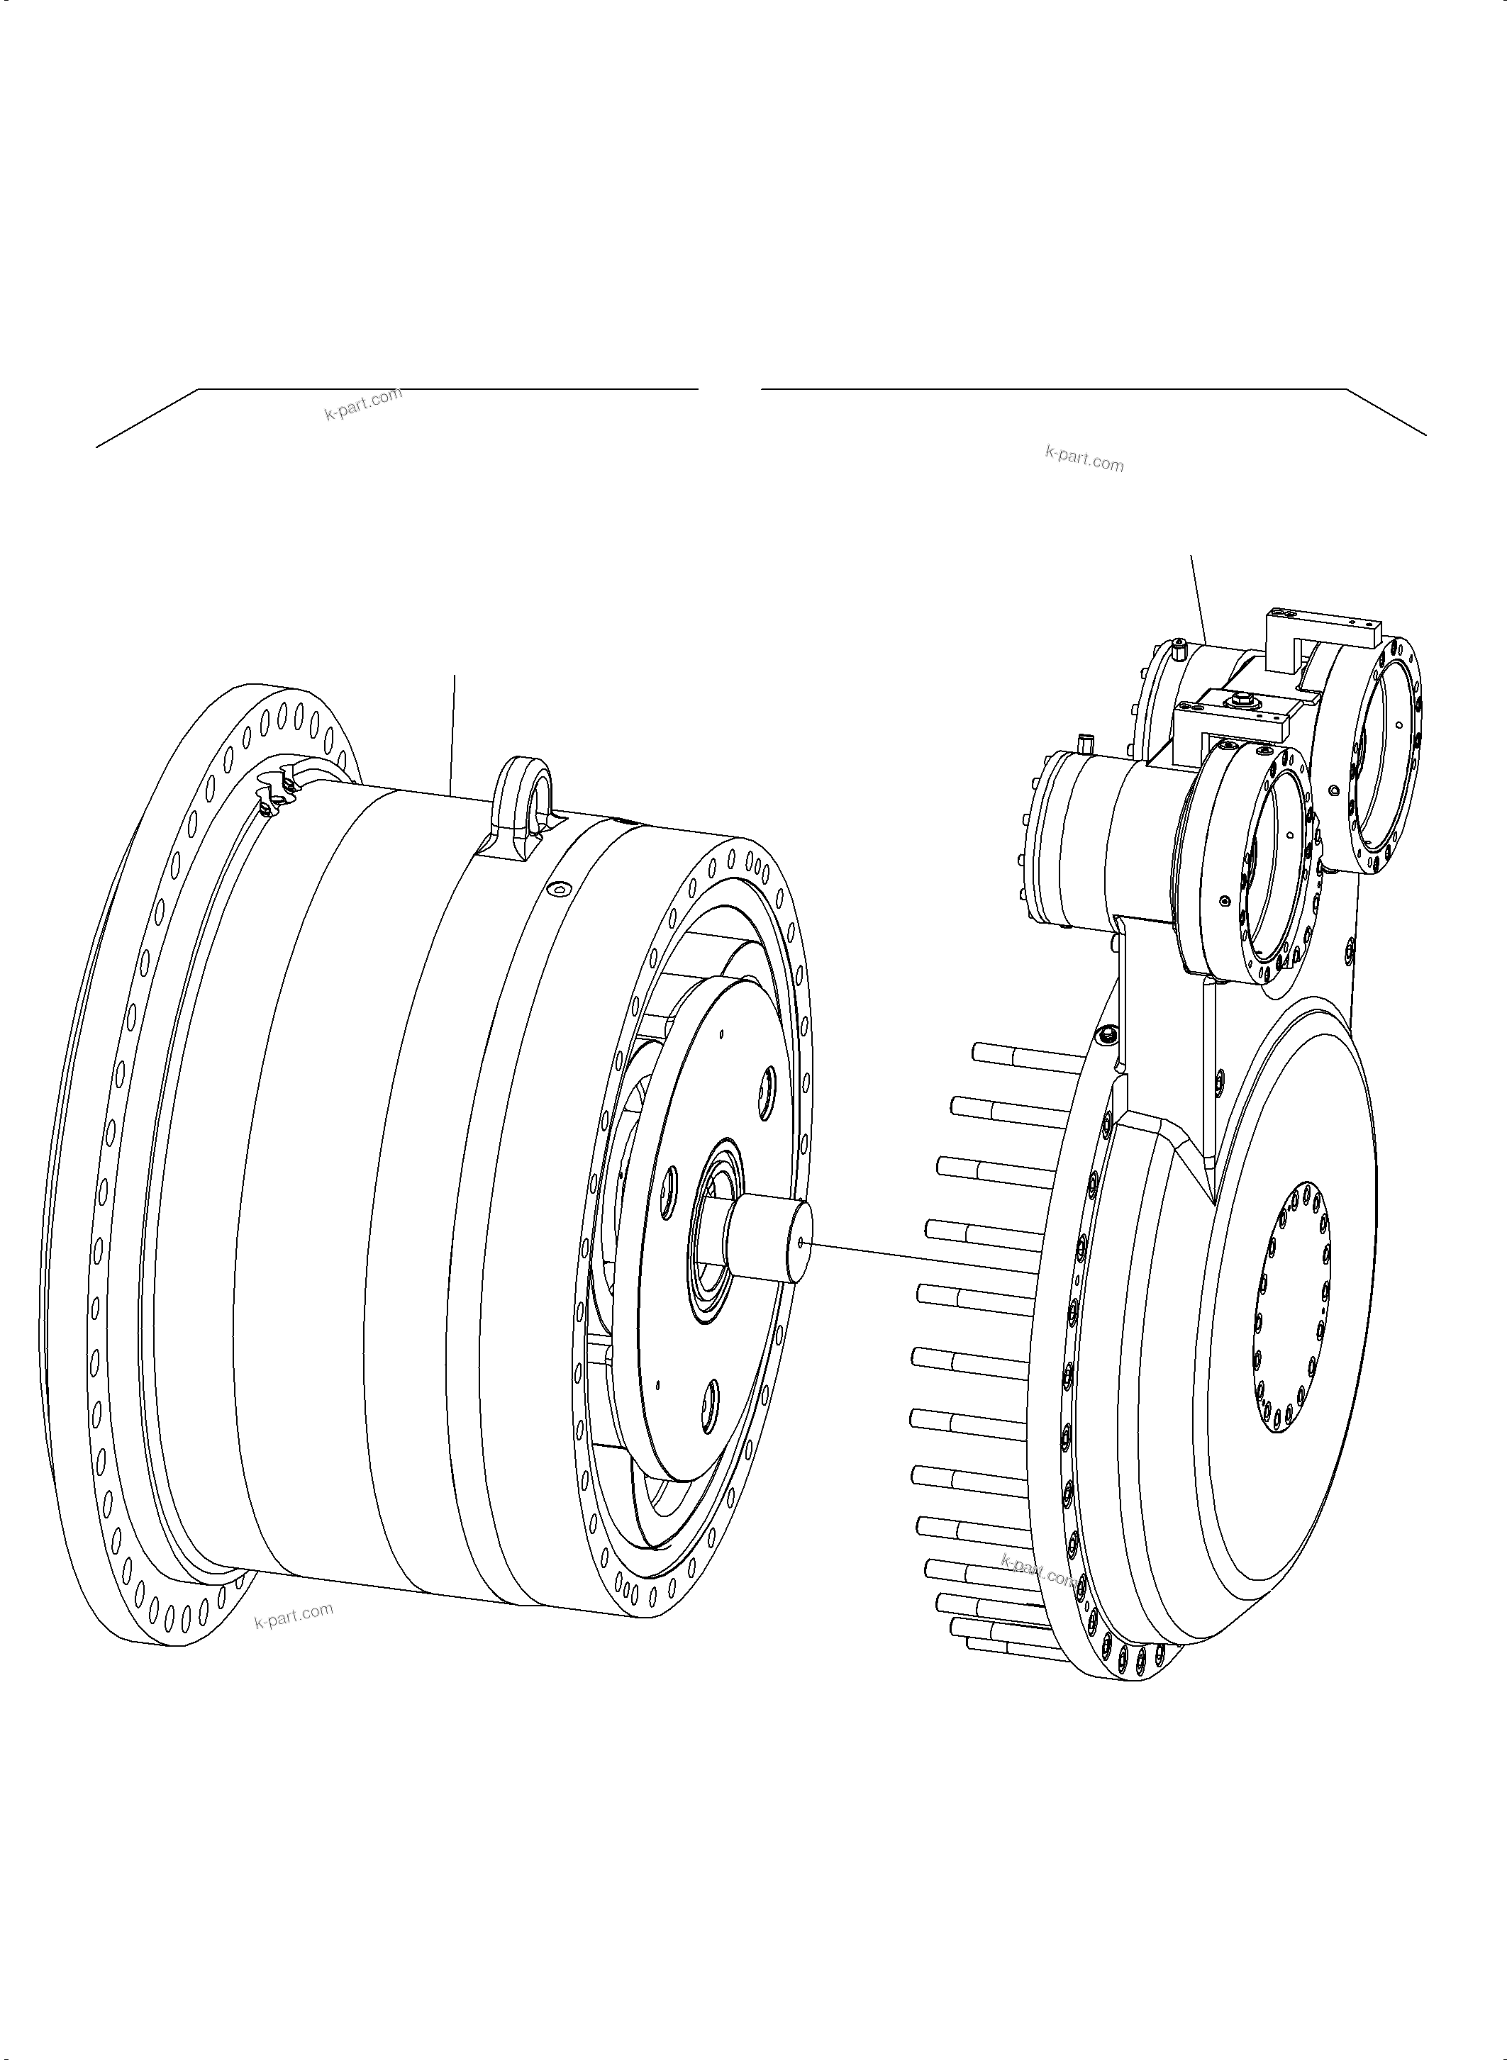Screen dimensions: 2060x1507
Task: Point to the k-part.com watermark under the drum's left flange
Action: [x=294, y=1616]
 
